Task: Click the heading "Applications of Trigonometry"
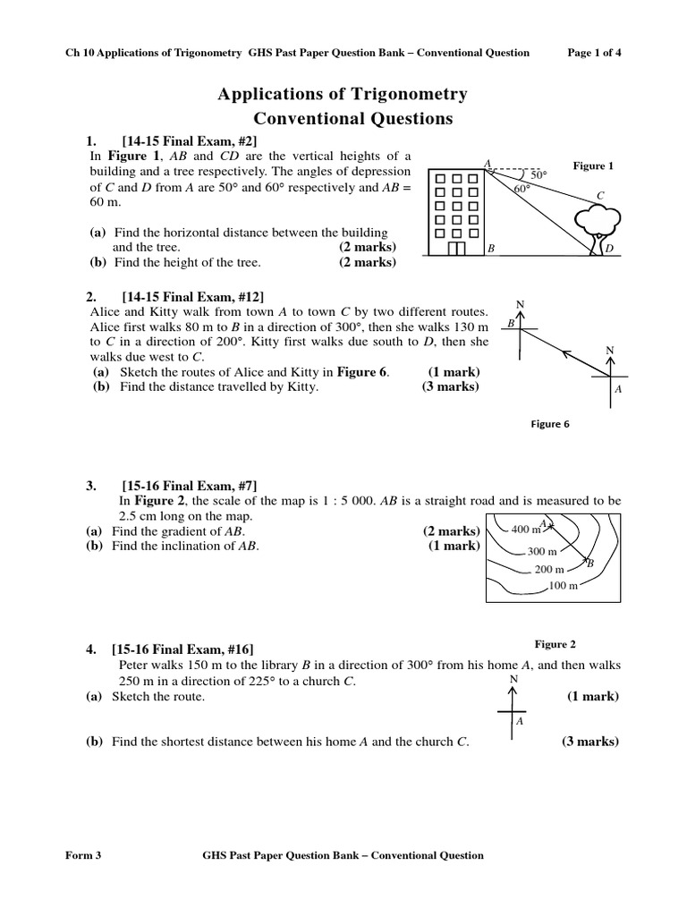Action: [343, 94]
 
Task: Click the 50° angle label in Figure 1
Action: [538, 176]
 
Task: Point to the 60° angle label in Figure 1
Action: [522, 189]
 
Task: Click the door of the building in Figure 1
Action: [456, 248]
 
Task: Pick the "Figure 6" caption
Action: [550, 424]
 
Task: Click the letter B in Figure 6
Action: [511, 323]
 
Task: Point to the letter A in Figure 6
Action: [617, 390]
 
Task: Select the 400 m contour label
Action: [526, 530]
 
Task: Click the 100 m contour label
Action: [564, 586]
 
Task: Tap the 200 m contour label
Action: [549, 569]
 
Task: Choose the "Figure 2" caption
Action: [556, 644]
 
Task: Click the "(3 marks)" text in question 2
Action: [450, 386]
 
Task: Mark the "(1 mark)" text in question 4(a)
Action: [592, 697]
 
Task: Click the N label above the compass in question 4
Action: [513, 680]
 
